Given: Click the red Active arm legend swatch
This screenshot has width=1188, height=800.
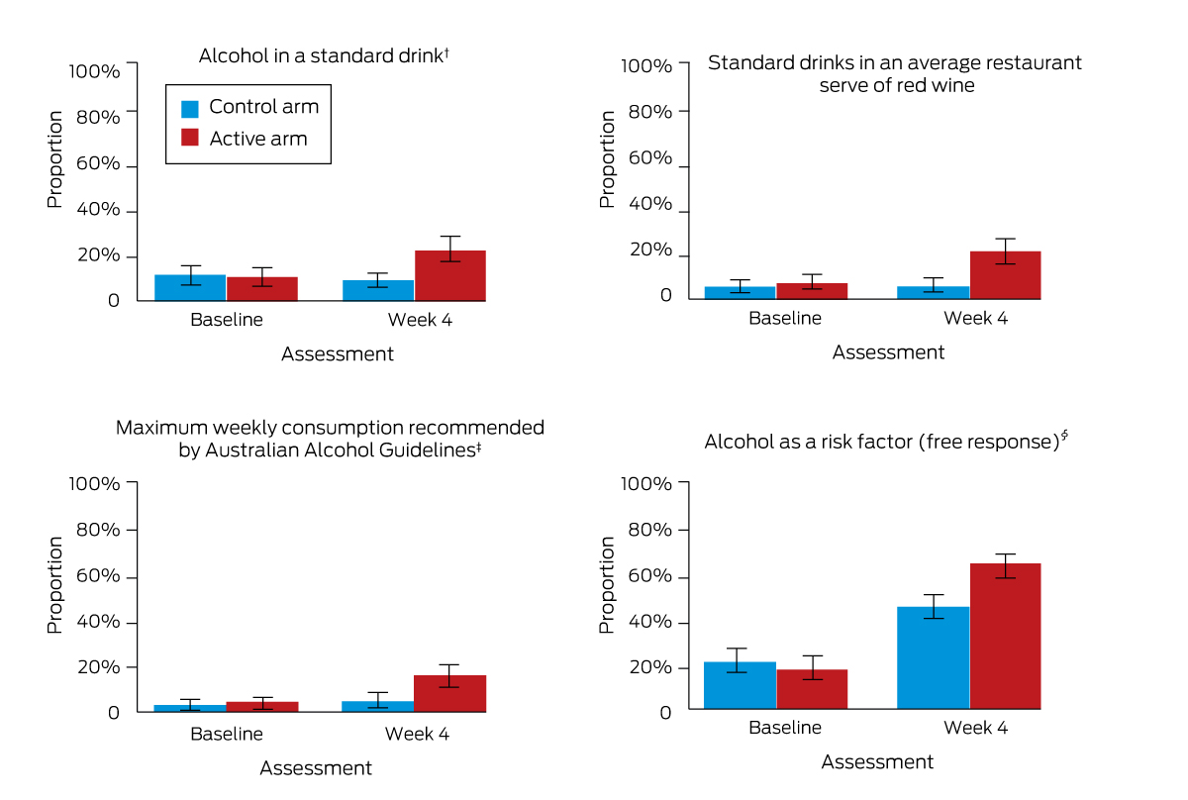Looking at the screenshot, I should point(190,139).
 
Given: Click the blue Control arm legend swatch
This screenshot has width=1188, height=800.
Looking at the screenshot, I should point(190,107).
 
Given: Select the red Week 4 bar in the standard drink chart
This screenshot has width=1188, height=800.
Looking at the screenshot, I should point(449,276).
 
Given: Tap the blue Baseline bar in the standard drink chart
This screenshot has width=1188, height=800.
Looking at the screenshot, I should point(190,288).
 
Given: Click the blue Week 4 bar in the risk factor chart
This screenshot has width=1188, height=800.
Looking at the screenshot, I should point(933,657).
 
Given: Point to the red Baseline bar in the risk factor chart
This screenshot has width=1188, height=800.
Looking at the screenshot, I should point(812,689).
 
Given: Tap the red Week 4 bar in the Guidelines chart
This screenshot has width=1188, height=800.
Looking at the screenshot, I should point(449,693).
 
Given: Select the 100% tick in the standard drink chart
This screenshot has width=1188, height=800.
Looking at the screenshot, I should point(94,71).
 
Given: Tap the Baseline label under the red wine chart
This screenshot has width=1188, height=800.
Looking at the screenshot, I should point(784,318).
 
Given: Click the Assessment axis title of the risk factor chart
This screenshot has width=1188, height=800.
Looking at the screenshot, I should point(877,761).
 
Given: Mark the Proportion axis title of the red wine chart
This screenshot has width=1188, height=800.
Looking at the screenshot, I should point(607,158).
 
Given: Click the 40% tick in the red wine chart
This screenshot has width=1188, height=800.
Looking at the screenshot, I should point(649,205).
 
